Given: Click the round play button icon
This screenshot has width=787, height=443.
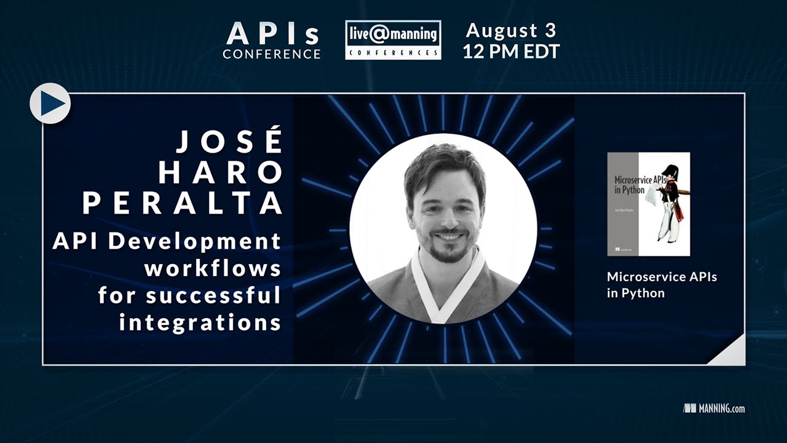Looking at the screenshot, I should click(50, 103).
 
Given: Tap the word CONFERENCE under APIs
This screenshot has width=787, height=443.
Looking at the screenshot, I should click(271, 54).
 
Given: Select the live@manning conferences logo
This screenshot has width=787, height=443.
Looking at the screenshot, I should click(393, 39).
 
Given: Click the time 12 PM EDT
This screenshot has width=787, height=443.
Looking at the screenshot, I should click(512, 52).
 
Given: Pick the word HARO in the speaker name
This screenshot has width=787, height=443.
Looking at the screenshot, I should click(219, 174).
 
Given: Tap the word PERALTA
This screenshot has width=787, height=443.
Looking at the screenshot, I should click(183, 204).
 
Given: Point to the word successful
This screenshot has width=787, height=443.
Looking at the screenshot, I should click(213, 296).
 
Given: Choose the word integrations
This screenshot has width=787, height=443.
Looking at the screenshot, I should click(200, 322).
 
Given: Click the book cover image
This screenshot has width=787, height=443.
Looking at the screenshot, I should click(648, 204).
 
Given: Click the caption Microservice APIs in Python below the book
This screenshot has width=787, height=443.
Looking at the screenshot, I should click(662, 285).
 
